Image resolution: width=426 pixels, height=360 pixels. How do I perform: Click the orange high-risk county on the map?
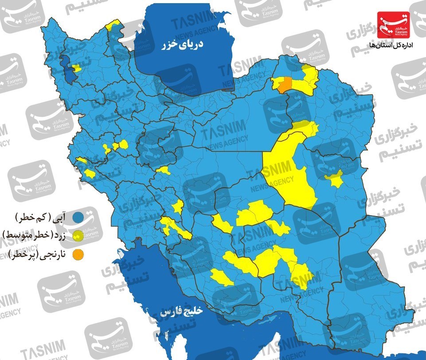(x=286, y=84)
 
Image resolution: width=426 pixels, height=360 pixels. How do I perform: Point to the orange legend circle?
(x=79, y=254)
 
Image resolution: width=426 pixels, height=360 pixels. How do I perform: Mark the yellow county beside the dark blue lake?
(x=77, y=68)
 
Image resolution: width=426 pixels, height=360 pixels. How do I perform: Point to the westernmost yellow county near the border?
(x=82, y=160)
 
